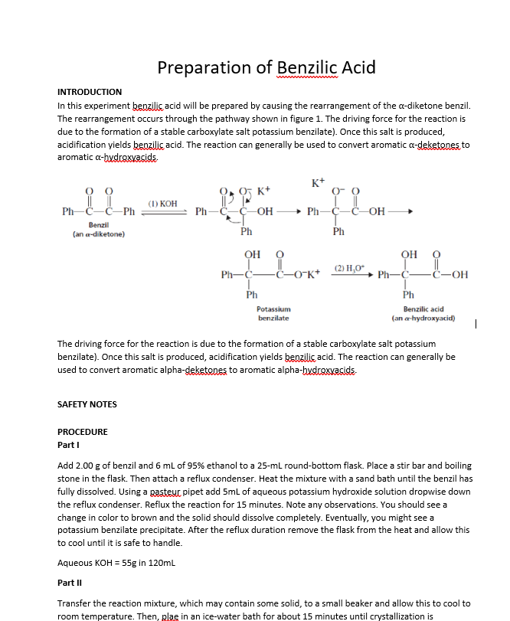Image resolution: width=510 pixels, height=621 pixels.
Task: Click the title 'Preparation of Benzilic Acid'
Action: pos(266,67)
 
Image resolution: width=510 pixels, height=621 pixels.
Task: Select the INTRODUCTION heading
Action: pos(90,92)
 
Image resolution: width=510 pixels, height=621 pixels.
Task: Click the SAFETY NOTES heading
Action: pos(87,404)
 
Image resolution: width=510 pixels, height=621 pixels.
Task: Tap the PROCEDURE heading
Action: pos(83,432)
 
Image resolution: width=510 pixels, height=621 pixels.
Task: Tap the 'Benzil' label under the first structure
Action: pos(98,225)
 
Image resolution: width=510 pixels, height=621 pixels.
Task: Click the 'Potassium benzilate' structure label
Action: pos(273,312)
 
